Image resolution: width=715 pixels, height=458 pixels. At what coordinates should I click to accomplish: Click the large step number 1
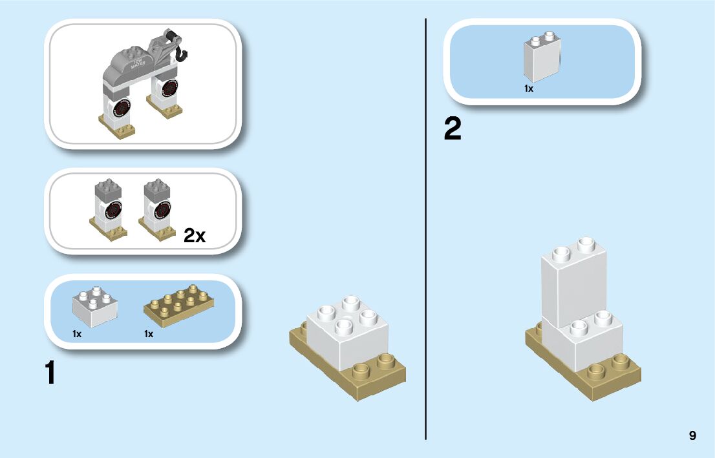(x=49, y=373)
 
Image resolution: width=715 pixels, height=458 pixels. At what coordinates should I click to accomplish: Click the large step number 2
(x=453, y=130)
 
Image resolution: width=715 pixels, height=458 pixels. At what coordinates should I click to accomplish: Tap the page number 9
(x=692, y=435)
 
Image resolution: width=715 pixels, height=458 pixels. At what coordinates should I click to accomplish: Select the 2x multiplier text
(x=195, y=236)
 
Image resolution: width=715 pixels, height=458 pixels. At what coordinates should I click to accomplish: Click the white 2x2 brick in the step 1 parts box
(x=94, y=307)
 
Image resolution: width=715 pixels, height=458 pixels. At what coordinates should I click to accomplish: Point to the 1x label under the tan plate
(x=149, y=334)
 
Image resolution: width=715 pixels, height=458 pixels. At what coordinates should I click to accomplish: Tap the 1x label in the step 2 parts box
(x=529, y=88)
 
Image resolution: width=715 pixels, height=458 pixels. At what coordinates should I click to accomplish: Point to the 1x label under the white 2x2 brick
(x=77, y=334)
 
